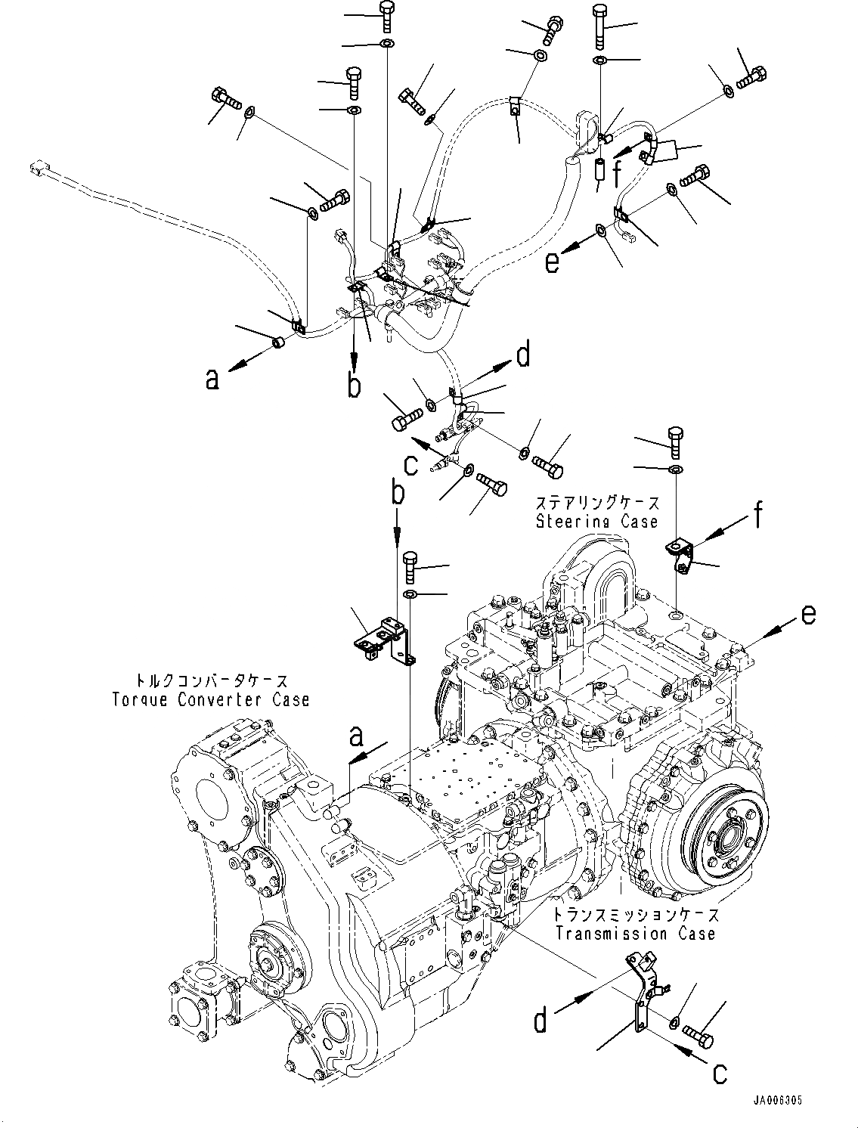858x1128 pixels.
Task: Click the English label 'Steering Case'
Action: coord(597,522)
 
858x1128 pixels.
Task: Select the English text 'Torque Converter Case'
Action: coord(208,699)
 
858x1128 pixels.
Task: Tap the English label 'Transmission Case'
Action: coord(635,934)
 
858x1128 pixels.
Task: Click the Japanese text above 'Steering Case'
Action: coord(597,504)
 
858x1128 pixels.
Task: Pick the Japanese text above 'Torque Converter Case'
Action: coord(208,681)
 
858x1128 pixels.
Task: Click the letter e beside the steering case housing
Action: coord(808,617)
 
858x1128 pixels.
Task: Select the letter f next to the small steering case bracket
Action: coord(757,516)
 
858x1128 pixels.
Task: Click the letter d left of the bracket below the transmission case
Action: coord(540,1021)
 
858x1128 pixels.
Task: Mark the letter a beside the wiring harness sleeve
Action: coord(213,377)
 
